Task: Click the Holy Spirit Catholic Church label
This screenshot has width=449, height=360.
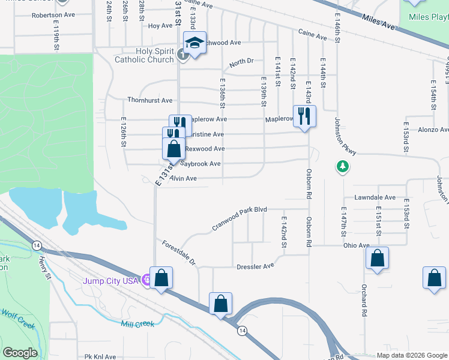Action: (x=144, y=55)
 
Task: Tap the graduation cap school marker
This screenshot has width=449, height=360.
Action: (x=194, y=43)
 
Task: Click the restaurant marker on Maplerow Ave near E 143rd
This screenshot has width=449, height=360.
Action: (x=304, y=116)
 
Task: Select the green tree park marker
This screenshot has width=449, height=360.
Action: (x=342, y=166)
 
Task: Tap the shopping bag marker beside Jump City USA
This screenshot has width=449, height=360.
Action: (x=161, y=278)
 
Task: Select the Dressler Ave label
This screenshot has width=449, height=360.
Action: (x=255, y=266)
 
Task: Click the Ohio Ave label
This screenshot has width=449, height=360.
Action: (x=356, y=245)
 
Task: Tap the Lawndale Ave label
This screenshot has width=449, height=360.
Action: (x=375, y=197)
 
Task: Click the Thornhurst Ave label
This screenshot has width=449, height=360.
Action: (x=149, y=100)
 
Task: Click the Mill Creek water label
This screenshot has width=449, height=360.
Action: (x=137, y=324)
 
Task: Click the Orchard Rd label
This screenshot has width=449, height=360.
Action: (x=364, y=301)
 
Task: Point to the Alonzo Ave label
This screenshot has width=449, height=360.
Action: (x=433, y=130)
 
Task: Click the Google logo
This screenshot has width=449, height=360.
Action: (x=20, y=353)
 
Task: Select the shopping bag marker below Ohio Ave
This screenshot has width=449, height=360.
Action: (x=377, y=259)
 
